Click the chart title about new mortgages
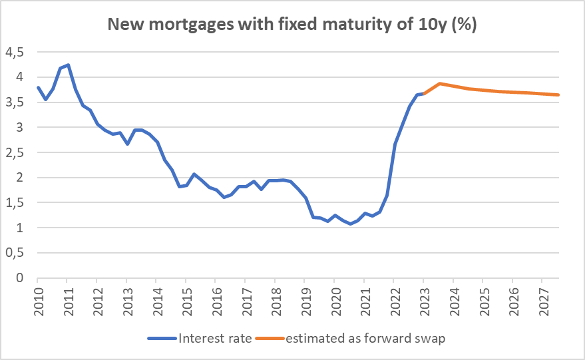[292, 25]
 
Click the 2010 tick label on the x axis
[38, 297]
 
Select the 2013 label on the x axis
[126, 297]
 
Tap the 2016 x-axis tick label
[216, 297]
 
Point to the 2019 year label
[304, 297]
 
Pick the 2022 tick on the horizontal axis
[393, 297]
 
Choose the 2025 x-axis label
[482, 297]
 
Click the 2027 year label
[541, 297]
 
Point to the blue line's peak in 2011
[68, 65]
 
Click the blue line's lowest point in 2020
[350, 224]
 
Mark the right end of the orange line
[558, 94]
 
